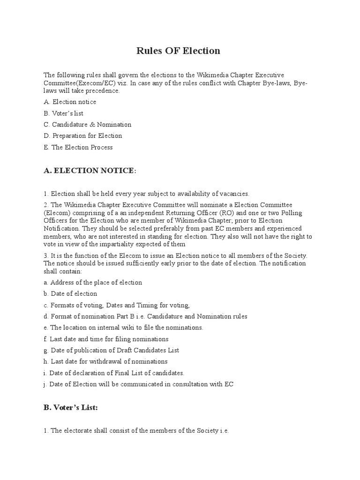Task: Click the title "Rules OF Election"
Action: pyautogui.click(x=178, y=51)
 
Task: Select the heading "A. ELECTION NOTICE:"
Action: pyautogui.click(x=90, y=171)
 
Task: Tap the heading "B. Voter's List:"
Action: pyautogui.click(x=71, y=408)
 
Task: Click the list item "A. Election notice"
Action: pyautogui.click(x=70, y=102)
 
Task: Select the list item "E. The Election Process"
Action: pyautogui.click(x=78, y=147)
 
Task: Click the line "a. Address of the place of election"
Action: pyautogui.click(x=93, y=282)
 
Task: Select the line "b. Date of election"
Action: pyautogui.click(x=70, y=294)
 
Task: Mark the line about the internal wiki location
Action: pyautogui.click(x=123, y=328)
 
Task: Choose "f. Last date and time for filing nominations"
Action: pyautogui.click(x=106, y=339)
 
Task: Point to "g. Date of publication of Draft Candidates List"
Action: pyautogui.click(x=111, y=350)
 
